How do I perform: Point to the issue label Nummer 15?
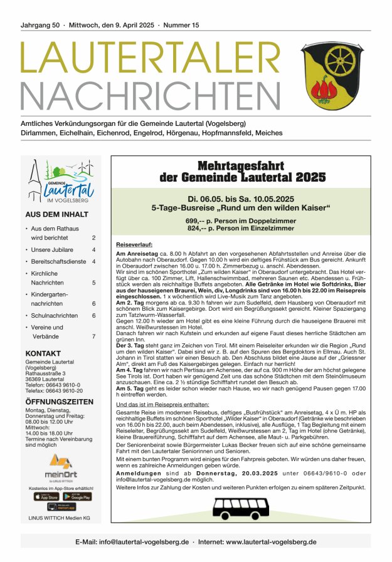coord(181,25)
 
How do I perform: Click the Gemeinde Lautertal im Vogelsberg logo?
coord(61,181)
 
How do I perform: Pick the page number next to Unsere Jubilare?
coord(93,249)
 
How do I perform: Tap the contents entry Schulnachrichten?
coord(55,316)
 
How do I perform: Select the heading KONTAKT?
coord(43,353)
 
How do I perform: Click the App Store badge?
coord(45,496)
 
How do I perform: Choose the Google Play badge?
coord(77,496)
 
